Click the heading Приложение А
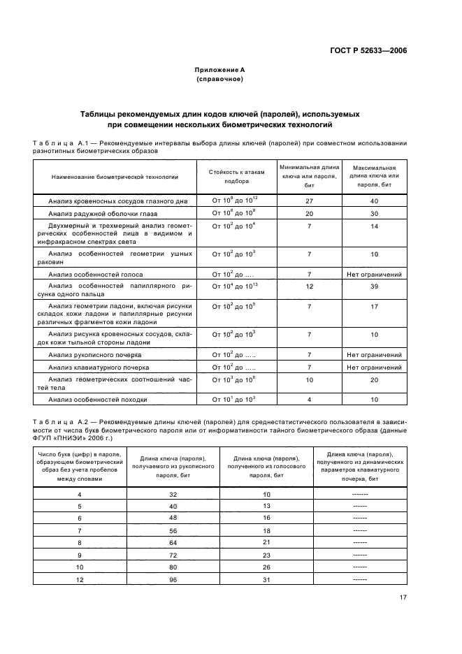[x=219, y=70]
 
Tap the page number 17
[x=403, y=597]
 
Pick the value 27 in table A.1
[x=309, y=201]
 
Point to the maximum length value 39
[x=374, y=286]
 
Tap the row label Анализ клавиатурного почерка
[x=99, y=367]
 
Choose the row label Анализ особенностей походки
[x=98, y=399]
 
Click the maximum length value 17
[x=374, y=307]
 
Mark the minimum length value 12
[x=309, y=286]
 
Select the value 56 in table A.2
[x=172, y=530]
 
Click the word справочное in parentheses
[x=219, y=80]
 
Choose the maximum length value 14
[x=374, y=226]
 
